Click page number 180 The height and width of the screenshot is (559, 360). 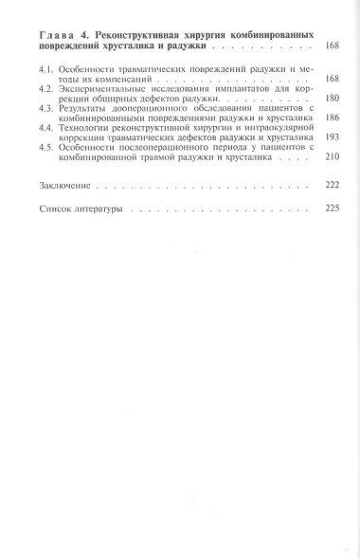[x=333, y=99]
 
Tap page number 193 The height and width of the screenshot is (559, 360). [x=333, y=137]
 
